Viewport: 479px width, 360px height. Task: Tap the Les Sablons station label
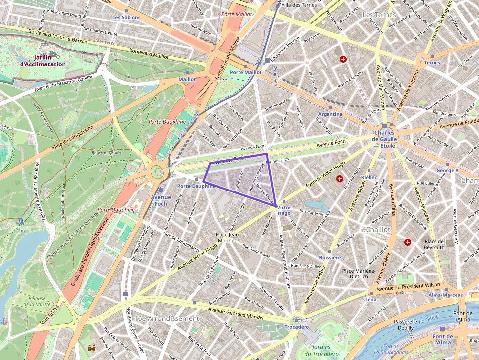pos(126,17)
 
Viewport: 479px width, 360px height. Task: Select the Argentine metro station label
pos(330,114)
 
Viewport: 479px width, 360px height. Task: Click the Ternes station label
pos(432,63)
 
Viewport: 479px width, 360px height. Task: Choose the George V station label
pos(447,171)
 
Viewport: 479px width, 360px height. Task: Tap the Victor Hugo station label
pos(284,210)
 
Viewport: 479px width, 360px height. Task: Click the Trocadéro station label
pos(297,327)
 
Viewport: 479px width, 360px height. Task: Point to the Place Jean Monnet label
pos(227,237)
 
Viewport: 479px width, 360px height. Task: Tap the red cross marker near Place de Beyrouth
pos(408,242)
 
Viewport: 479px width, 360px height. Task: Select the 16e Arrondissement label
pos(167,318)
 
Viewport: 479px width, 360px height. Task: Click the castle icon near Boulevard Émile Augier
pos(91,348)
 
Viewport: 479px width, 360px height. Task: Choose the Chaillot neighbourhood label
pos(378,229)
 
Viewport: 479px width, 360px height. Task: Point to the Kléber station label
pos(369,177)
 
